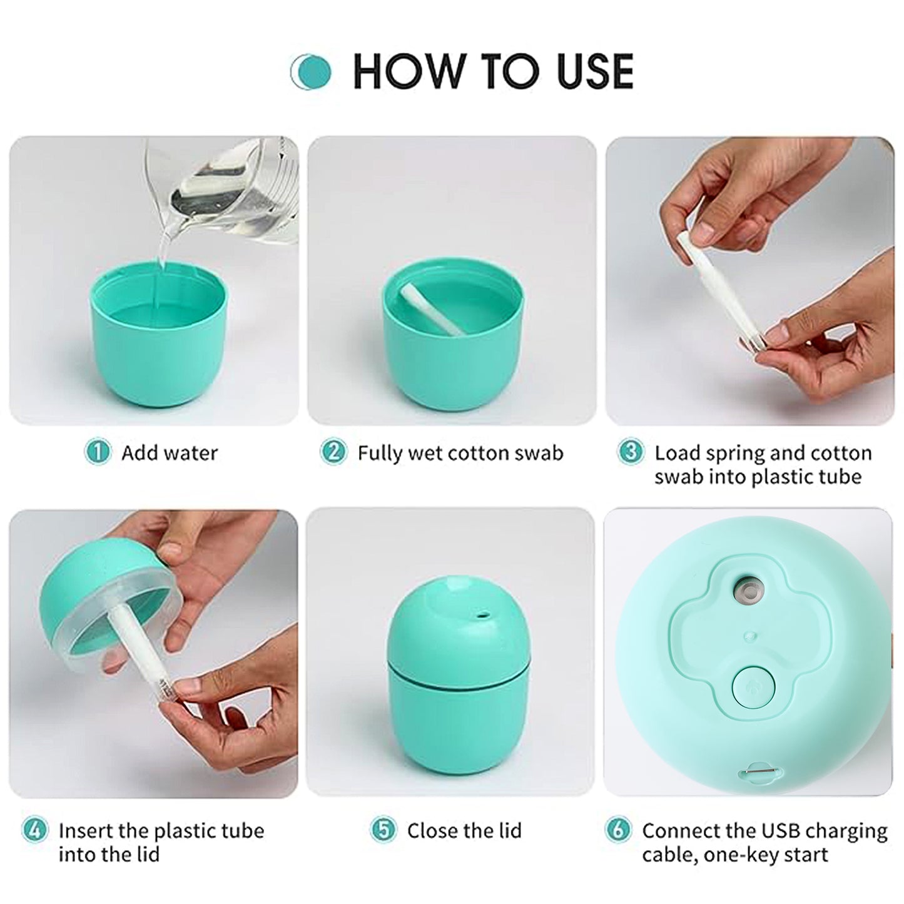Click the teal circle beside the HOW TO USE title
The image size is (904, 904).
coord(312,71)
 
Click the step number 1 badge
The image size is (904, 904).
coord(98,452)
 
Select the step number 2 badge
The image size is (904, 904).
coord(333,452)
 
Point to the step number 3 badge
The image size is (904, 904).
coord(630,452)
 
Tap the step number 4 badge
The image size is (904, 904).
coord(34,830)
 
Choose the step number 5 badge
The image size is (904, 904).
coord(383,830)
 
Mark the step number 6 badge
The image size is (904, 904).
coord(617,830)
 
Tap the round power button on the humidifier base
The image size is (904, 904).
coord(753,686)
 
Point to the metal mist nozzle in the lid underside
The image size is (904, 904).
coord(749,591)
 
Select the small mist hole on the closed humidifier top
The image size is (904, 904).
coord(481,616)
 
